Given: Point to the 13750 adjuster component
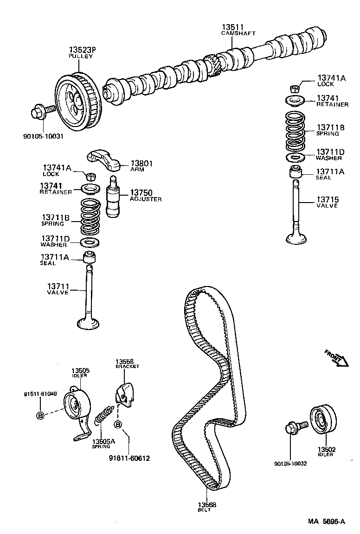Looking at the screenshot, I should point(114,197).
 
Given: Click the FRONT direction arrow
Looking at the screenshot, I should point(336,358).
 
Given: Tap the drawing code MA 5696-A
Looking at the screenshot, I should point(327,521).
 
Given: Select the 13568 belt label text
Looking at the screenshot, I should point(205,505).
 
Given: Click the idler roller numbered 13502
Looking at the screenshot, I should point(321,420).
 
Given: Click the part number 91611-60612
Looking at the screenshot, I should point(129,458).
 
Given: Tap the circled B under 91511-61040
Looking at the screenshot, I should point(40,415).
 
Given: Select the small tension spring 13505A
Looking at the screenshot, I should point(104,414).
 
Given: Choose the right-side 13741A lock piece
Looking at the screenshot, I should point(294,87).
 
